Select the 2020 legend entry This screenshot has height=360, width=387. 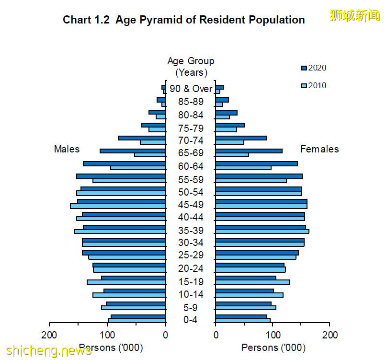point(314,68)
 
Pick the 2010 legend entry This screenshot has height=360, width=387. point(314,86)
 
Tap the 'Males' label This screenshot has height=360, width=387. point(67,149)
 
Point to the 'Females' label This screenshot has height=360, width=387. point(319,149)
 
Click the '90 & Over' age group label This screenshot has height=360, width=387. point(191,89)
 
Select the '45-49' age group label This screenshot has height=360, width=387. point(191,205)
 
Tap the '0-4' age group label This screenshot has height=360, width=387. point(191,320)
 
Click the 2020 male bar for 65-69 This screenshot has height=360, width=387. point(132,151)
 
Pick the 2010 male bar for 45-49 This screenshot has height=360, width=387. point(118,207)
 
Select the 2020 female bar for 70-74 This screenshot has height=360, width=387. point(241,138)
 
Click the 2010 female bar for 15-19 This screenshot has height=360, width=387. point(252,282)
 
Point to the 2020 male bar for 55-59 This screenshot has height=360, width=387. point(121,176)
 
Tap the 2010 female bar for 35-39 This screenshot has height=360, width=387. point(262,232)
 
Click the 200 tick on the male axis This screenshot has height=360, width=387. point(49,335)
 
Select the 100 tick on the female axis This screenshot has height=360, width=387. point(273,335)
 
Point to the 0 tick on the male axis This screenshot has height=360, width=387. point(165,335)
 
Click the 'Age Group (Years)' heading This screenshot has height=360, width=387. point(191,67)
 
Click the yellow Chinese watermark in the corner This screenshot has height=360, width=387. point(354,15)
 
